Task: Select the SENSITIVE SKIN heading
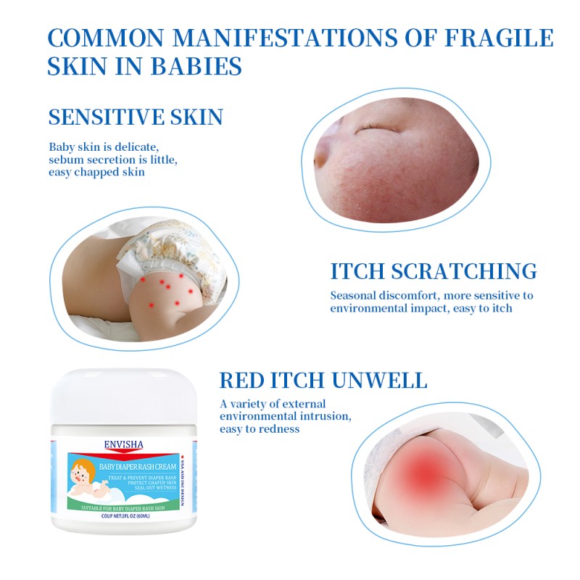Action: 136,117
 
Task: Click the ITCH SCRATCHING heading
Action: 434,272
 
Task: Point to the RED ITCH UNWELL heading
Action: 323,381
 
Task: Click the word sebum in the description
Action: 65,159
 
